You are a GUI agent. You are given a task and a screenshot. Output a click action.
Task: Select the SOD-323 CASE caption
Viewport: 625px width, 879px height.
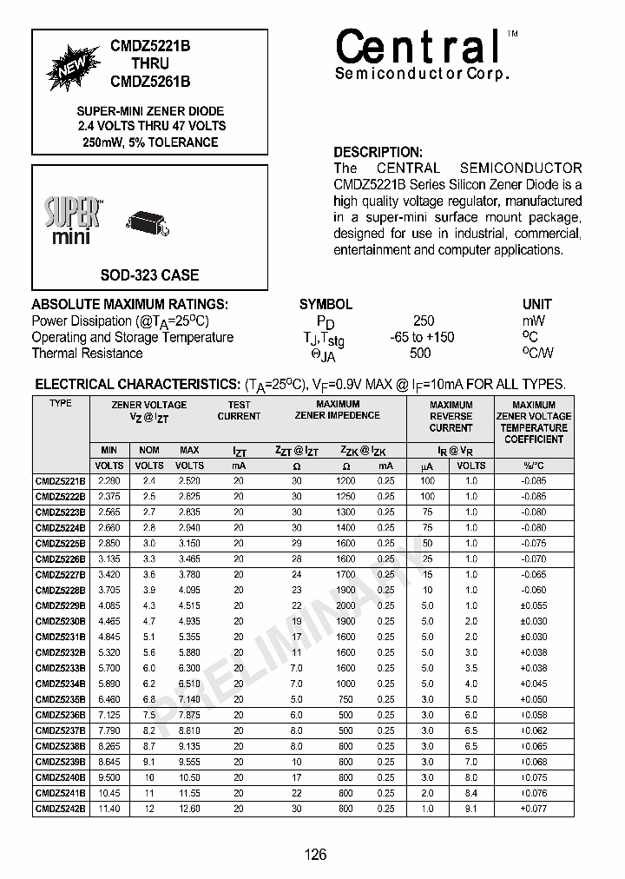[149, 275]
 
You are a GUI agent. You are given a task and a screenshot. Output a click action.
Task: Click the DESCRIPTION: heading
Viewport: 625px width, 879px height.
[378, 152]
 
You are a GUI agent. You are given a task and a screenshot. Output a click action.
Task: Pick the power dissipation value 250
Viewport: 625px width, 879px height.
[424, 321]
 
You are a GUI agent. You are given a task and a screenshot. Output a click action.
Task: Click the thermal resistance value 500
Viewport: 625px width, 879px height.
[420, 354]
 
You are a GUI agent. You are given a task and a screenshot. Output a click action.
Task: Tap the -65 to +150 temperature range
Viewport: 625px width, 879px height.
[422, 337]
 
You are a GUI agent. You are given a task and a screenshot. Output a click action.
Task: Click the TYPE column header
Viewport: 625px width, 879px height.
[61, 404]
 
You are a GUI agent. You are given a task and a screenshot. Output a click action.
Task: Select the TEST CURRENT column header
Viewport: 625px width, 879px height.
[239, 410]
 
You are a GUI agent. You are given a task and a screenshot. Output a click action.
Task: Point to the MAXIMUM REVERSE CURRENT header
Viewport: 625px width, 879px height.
[451, 416]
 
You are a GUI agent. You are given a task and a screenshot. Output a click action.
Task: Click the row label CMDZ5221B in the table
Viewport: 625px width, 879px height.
[61, 481]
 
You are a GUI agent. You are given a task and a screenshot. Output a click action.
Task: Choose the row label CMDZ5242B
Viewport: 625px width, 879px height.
[61, 809]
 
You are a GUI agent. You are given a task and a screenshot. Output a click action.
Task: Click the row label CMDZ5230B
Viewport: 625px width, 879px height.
[61, 622]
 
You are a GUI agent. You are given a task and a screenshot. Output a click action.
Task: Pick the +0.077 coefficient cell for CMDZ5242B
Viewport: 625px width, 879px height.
[534, 809]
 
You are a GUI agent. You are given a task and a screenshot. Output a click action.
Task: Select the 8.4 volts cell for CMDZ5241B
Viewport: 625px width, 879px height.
[471, 793]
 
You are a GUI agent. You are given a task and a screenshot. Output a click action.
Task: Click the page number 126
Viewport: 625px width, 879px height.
[315, 855]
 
